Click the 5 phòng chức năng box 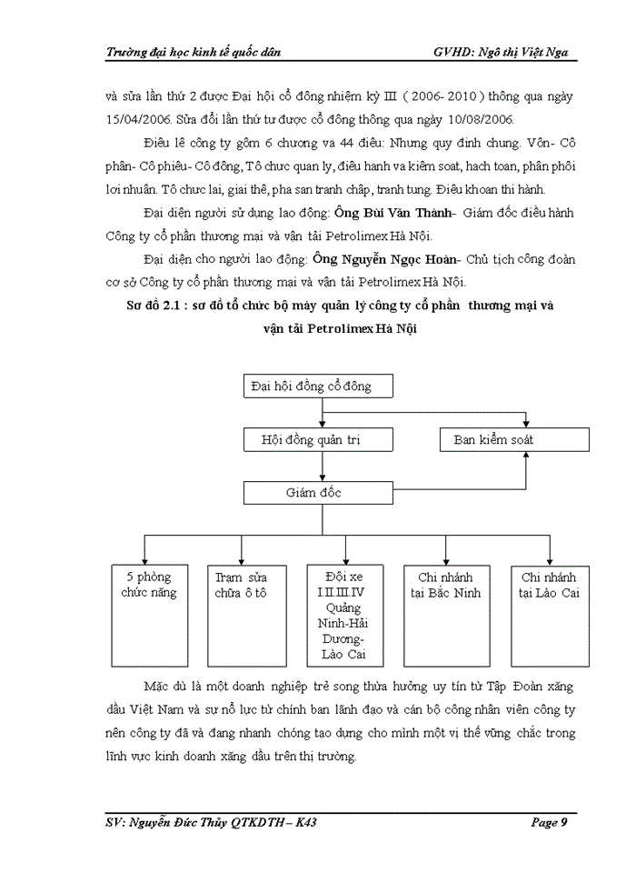pyautogui.click(x=148, y=615)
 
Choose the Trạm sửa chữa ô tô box pyautogui.click(x=241, y=615)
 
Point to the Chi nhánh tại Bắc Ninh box pyautogui.click(x=445, y=615)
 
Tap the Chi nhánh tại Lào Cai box pyautogui.click(x=549, y=615)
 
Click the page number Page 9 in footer pyautogui.click(x=550, y=823)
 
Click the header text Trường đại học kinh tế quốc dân pyautogui.click(x=194, y=52)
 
